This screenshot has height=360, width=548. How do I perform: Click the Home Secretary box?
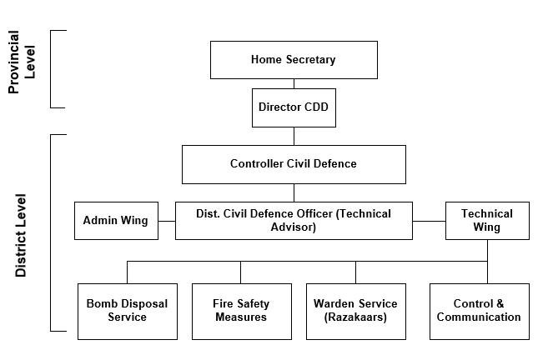point(294,60)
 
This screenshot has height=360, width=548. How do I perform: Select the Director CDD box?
point(294,107)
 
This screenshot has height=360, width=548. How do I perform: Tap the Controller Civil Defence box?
point(294,164)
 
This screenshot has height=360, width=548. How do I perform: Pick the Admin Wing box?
point(116,221)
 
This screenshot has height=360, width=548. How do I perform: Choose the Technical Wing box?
point(487,221)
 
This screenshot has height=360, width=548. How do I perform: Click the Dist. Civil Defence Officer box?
point(294,221)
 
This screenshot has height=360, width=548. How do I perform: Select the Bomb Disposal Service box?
point(128,311)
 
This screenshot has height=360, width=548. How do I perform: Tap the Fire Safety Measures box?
point(242,311)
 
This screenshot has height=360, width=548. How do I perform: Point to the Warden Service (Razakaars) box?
point(355,311)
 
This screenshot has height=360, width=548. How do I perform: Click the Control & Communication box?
point(479,311)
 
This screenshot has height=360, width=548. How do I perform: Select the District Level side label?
point(22,235)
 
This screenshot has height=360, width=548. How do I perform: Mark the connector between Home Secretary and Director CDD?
point(294,84)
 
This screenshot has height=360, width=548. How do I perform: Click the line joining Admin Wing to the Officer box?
point(167,221)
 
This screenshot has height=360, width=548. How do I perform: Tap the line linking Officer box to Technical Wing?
point(429,221)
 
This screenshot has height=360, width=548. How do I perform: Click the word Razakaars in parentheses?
point(355,317)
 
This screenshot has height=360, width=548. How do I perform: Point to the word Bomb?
point(101,304)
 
